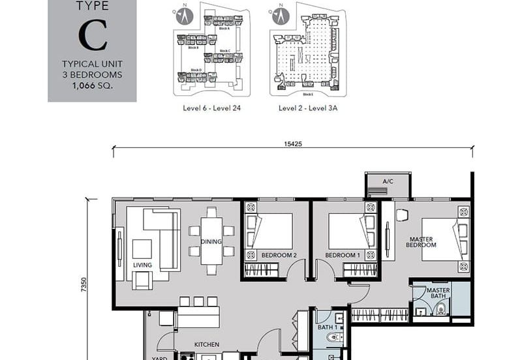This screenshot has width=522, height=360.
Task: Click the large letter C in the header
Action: coord(92,37)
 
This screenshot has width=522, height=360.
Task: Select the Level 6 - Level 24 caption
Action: coord(212,108)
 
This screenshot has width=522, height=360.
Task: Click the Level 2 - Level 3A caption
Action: coord(308,108)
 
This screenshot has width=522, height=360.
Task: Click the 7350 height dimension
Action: coord(84,285)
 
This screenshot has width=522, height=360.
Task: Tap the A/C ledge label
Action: coord(388,181)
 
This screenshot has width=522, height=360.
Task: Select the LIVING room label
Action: coord(142,265)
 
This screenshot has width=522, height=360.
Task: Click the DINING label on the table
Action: coord(211,241)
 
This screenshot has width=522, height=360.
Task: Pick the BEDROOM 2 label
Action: coord(279,255)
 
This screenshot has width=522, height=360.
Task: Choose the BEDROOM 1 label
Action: coord(343,255)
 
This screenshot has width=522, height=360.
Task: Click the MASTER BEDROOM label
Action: coord(421,242)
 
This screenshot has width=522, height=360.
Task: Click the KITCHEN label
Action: coord(206,344)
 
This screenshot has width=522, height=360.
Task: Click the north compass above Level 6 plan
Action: coord(184,16)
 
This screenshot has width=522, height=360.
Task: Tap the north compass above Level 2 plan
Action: coord(280,16)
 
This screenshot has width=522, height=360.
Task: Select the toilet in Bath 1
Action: coord(333,337)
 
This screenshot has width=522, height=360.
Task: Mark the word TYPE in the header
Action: coord(92,7)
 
